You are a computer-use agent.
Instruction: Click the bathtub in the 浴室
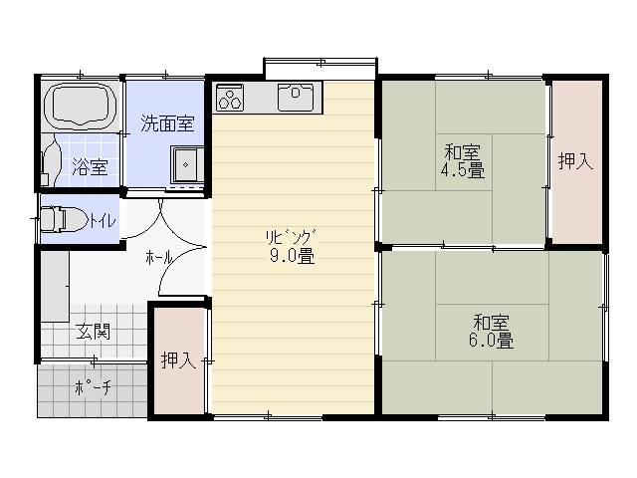81,104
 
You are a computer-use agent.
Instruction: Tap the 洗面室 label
167,123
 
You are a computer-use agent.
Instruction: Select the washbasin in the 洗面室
187,164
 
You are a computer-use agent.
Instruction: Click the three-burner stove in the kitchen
230,98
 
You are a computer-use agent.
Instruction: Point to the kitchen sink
296,97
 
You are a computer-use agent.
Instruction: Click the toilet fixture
64,219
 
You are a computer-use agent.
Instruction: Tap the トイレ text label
103,221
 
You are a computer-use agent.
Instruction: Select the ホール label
159,258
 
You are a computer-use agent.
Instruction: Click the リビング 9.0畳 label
292,247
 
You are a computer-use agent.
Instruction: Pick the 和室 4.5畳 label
463,161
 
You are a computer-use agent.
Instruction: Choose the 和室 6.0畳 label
491,332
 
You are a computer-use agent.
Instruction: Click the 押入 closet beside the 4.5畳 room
576,162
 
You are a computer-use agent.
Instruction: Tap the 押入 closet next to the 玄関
178,360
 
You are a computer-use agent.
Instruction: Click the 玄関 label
94,332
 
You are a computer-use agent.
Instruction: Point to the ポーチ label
93,387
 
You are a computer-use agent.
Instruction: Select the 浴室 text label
90,167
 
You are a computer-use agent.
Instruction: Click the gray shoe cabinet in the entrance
55,287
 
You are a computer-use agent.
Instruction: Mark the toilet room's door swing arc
149,226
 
